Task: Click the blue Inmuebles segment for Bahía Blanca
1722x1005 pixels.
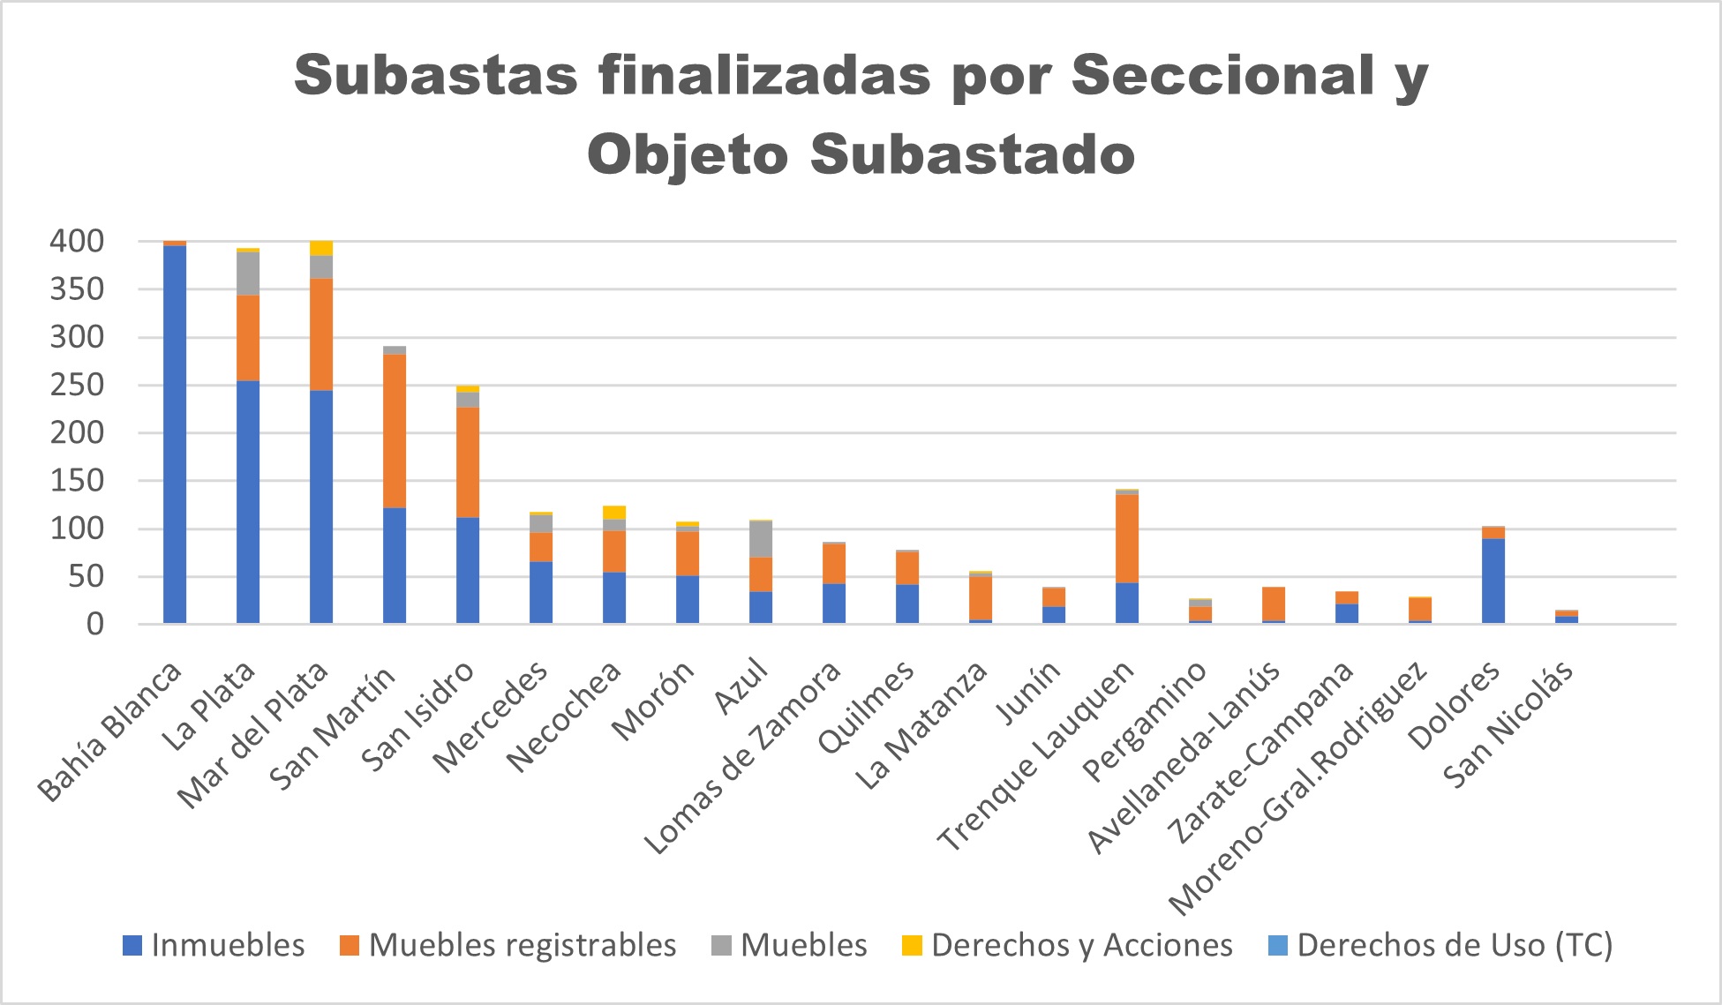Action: [x=175, y=432]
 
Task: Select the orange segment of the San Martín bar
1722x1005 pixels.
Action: [x=395, y=431]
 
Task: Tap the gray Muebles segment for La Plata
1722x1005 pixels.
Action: [x=248, y=274]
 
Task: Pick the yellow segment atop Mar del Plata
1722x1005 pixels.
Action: [x=321, y=248]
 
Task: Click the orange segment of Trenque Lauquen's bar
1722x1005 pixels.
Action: [x=1127, y=538]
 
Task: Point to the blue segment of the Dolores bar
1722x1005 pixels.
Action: [x=1493, y=580]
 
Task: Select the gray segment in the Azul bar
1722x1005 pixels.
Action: [x=761, y=539]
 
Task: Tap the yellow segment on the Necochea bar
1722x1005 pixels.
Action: [x=614, y=513]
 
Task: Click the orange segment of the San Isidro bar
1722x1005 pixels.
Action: [x=468, y=461]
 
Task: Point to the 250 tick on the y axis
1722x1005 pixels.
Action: [x=78, y=386]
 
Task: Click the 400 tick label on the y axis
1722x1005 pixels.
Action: [x=78, y=242]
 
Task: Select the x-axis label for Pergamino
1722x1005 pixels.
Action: [x=1145, y=721]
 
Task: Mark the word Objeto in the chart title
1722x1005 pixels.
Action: [x=688, y=154]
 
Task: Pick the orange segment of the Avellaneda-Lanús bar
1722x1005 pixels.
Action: [x=1274, y=604]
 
